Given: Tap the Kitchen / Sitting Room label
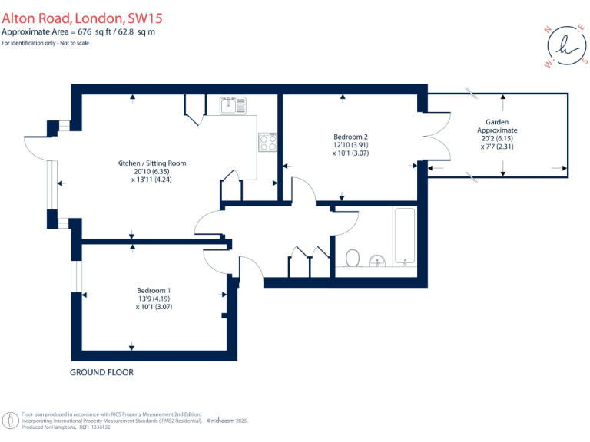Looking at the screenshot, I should [151, 163].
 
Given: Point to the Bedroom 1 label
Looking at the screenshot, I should [154, 290].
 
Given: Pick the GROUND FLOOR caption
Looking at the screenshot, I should [101, 372].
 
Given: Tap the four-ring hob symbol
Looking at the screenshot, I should [269, 142].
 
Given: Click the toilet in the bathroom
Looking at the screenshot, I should [353, 258].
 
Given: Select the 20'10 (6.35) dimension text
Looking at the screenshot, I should [151, 172].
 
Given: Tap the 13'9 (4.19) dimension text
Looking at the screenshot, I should [154, 299].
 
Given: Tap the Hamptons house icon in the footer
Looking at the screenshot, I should [11, 421].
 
